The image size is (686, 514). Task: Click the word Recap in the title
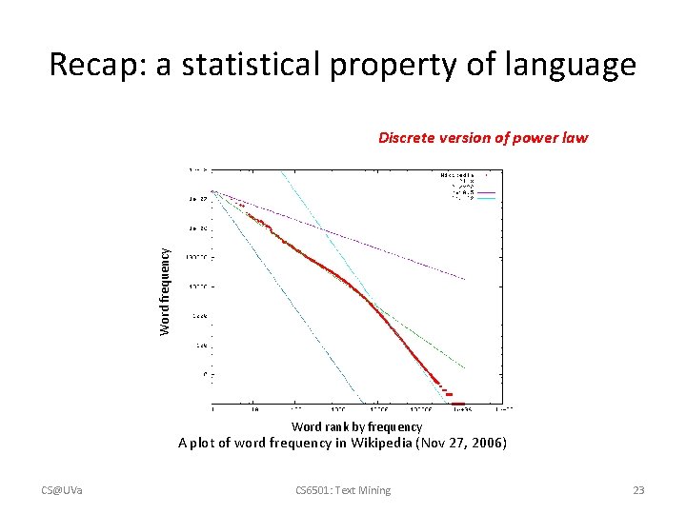point(88,66)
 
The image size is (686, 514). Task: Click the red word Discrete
point(408,137)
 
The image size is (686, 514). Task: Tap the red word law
point(575,137)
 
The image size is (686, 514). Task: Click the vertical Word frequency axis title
point(165,291)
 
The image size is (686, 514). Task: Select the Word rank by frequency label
point(356,427)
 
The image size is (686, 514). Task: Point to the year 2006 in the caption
point(488,443)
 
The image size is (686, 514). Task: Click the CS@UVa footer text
point(61,490)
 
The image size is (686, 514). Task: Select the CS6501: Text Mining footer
point(343,490)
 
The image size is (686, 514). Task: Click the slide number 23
point(638,490)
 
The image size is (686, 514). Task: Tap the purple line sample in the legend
point(486,191)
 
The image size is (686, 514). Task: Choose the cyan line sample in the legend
point(486,198)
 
